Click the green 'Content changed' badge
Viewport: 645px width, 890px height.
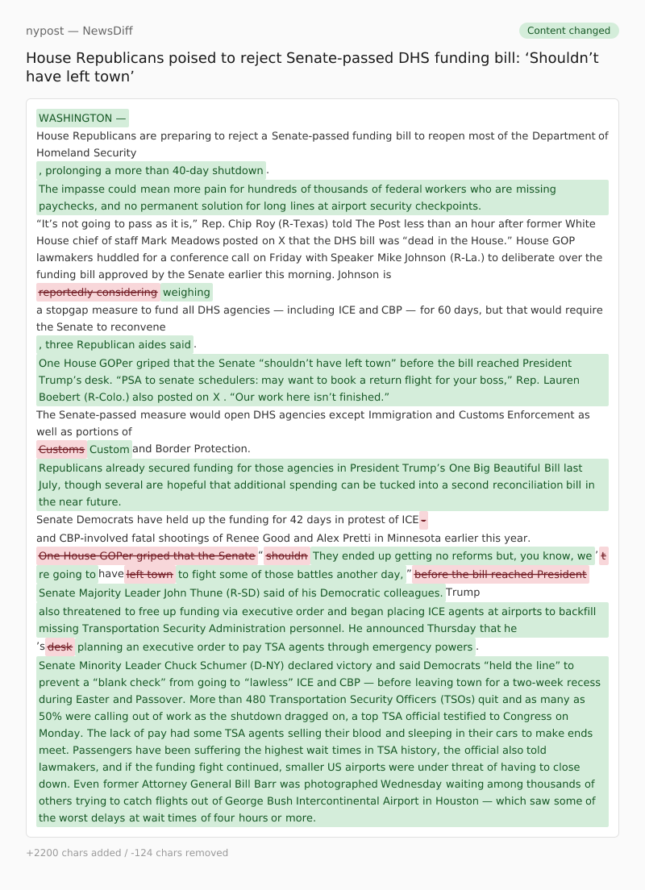click(568, 31)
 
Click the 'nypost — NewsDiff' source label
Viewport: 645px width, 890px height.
click(79, 31)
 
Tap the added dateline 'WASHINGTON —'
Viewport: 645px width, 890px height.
click(82, 119)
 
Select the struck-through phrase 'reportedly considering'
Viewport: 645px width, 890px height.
click(98, 292)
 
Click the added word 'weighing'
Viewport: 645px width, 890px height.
click(186, 292)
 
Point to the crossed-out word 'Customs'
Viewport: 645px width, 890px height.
click(61, 449)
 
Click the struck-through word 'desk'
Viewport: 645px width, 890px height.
click(60, 647)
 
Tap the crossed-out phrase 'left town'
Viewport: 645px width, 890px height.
click(149, 575)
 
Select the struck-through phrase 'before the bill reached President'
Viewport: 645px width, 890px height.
click(500, 575)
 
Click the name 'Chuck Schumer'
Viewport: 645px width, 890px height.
click(203, 666)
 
